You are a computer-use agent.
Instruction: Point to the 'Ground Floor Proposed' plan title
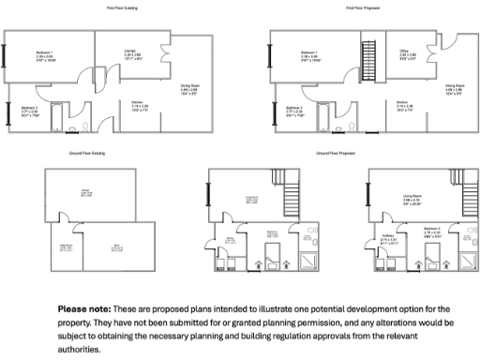click(335, 151)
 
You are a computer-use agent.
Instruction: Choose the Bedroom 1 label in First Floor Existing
click(43, 52)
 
